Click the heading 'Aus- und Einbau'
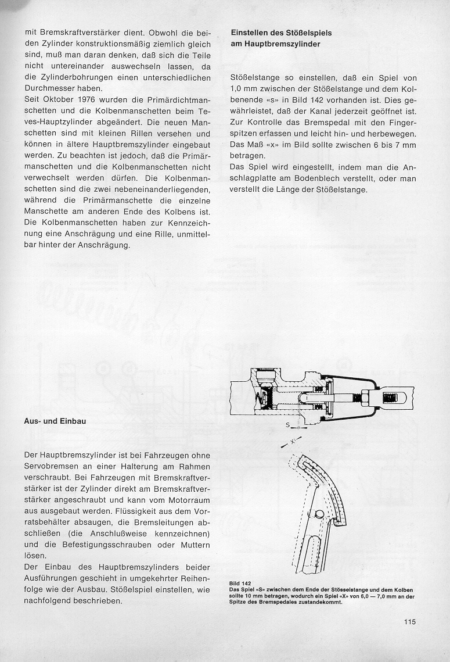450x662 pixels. click(55, 421)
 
